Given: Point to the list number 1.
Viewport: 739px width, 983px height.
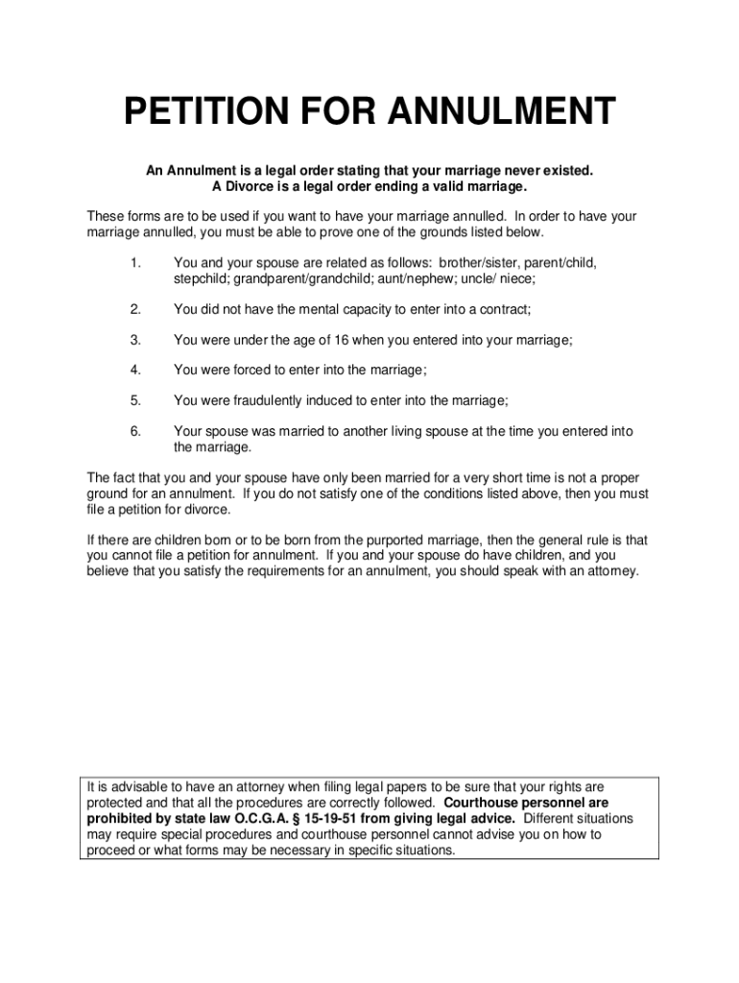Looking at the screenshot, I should [x=135, y=262].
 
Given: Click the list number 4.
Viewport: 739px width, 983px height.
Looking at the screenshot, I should [x=135, y=371].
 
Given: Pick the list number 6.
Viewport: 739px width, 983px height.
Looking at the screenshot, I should [x=135, y=432].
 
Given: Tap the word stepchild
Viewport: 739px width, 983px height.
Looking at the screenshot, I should [x=200, y=278].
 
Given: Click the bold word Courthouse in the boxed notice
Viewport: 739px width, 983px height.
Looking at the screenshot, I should [x=489, y=803].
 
